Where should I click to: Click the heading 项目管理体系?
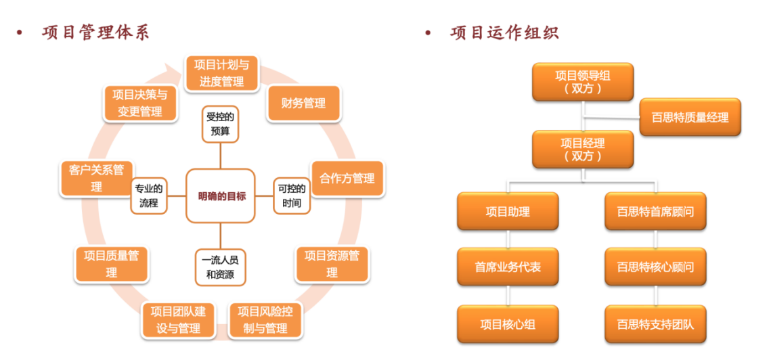click(95, 32)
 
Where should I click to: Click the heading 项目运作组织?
click(504, 32)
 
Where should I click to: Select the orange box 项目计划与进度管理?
click(221, 73)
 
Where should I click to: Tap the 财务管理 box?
click(303, 103)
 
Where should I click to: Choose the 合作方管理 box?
click(347, 179)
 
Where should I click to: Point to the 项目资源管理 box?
click(332, 264)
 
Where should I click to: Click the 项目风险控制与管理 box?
click(265, 320)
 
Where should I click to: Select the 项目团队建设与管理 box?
click(179, 320)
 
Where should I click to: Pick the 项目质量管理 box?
click(111, 264)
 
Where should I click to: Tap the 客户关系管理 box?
click(96, 178)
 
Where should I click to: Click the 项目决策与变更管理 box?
click(140, 103)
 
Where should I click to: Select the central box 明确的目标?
click(221, 196)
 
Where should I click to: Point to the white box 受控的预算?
click(221, 123)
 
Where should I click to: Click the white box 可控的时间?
click(292, 196)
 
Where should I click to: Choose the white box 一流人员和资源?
click(221, 267)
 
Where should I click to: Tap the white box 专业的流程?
click(148, 196)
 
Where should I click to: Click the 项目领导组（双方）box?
click(583, 82)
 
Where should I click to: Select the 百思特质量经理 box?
click(690, 117)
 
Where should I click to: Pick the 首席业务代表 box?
click(508, 267)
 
